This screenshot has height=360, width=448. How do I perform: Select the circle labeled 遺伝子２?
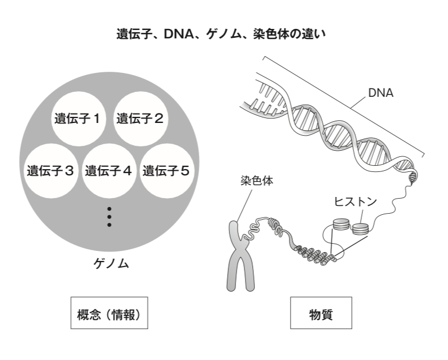(140, 118)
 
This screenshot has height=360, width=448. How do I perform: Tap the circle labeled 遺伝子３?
(51, 170)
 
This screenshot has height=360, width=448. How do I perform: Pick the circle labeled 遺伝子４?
(109, 170)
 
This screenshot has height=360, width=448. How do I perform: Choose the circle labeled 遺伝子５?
(166, 170)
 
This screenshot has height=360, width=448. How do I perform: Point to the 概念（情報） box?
(109, 313)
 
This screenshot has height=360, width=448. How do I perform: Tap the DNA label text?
(381, 93)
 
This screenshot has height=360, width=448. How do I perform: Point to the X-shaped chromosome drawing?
(242, 256)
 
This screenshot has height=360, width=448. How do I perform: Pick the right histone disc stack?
(361, 228)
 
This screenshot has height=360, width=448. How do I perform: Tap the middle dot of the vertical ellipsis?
(109, 216)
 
